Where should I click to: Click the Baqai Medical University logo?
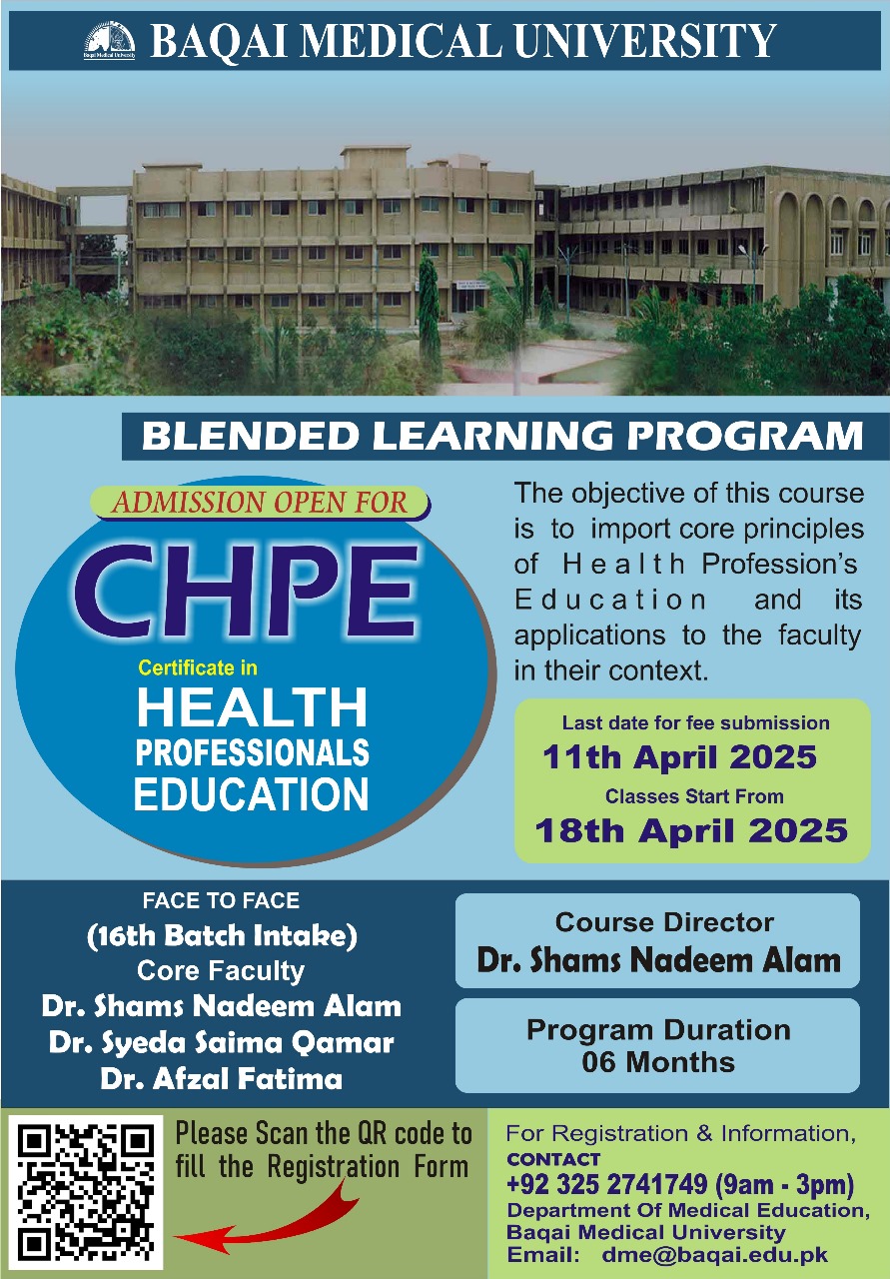pos(110,41)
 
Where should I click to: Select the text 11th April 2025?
pos(679,757)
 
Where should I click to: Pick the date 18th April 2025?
pos(691,829)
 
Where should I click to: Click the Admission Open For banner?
pos(260,503)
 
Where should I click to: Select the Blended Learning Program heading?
pos(502,436)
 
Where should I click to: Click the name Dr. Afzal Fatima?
pos(222,1078)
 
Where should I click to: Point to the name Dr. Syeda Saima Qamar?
pos(222,1042)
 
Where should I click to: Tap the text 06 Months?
pos(658,1062)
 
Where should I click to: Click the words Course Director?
pos(664,922)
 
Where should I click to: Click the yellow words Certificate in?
pos(198,667)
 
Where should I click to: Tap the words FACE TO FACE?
pos(221,900)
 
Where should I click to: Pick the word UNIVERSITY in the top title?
pos(645,41)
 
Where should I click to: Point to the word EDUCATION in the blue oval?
pos(251,793)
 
